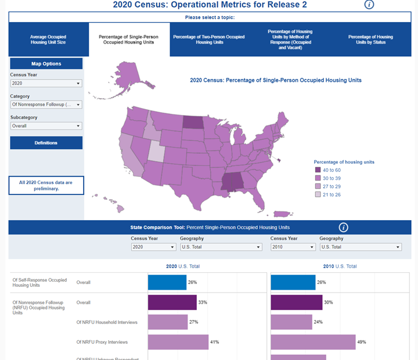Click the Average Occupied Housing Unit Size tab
48,39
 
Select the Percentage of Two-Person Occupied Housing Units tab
208,39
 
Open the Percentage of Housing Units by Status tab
370,39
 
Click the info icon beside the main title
369,5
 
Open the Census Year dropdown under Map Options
46,84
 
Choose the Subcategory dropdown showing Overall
46,126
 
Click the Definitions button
46,143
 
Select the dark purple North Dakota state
193,121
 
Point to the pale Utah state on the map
156,152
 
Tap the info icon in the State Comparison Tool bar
343,228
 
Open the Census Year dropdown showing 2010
293,247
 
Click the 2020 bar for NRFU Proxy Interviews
178,342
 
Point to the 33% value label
203,303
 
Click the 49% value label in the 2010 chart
362,342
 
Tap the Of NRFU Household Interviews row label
102,322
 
